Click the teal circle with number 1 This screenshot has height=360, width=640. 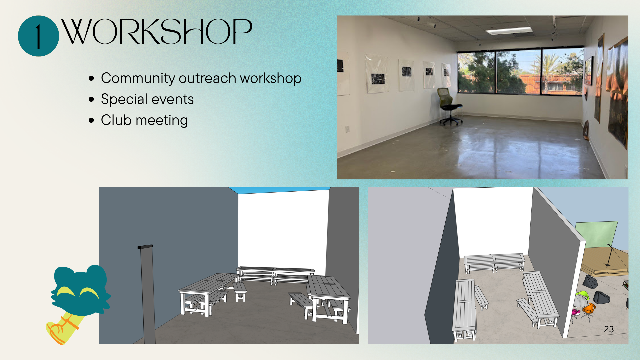pyautogui.click(x=38, y=36)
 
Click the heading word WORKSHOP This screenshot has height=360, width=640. pyautogui.click(x=157, y=31)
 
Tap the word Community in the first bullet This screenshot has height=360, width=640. pyautogui.click(x=138, y=79)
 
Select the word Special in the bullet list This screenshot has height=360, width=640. pyautogui.click(x=124, y=99)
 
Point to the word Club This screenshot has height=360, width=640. pyautogui.click(x=116, y=120)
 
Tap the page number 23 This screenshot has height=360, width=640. pyautogui.click(x=609, y=329)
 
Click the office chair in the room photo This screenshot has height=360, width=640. pyautogui.click(x=450, y=106)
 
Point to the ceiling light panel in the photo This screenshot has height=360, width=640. pyautogui.click(x=509, y=31)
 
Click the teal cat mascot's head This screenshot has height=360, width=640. pyautogui.click(x=80, y=291)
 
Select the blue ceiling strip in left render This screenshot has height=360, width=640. pyautogui.click(x=279, y=190)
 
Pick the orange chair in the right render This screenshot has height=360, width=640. pyautogui.click(x=589, y=310)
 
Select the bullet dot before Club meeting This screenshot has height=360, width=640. pyautogui.click(x=92, y=120)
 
